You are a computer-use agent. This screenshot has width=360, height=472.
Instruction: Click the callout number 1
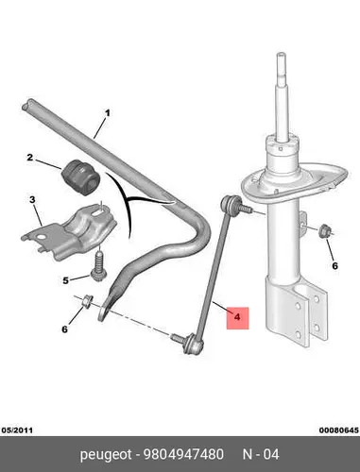pos(108,112)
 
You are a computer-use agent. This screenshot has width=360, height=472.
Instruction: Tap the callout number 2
pos(29,157)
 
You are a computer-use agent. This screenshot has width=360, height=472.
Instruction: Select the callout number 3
pos(32,199)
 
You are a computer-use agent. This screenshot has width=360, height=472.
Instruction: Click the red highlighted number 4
pos(237,317)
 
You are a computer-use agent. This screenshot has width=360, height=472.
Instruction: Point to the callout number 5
pos(65,280)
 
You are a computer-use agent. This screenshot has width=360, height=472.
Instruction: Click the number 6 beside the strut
pos(334,266)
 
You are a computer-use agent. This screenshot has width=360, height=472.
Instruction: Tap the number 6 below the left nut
pos(64,329)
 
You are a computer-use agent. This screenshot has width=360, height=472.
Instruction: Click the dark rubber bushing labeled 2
pos(80,177)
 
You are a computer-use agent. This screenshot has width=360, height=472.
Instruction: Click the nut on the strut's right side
pos(324,231)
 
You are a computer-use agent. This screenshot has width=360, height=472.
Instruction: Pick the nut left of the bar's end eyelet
pos(86,300)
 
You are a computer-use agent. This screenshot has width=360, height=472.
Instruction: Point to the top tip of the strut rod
pos(281,54)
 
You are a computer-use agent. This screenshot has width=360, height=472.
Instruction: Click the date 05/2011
pos(17,430)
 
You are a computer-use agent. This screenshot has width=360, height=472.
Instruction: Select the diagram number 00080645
pos(339,430)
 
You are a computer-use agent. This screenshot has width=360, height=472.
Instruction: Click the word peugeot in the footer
pos(106,455)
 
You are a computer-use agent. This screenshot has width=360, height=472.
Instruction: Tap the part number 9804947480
pos(183,454)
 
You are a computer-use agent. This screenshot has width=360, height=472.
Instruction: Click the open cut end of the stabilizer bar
pos(26,105)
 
